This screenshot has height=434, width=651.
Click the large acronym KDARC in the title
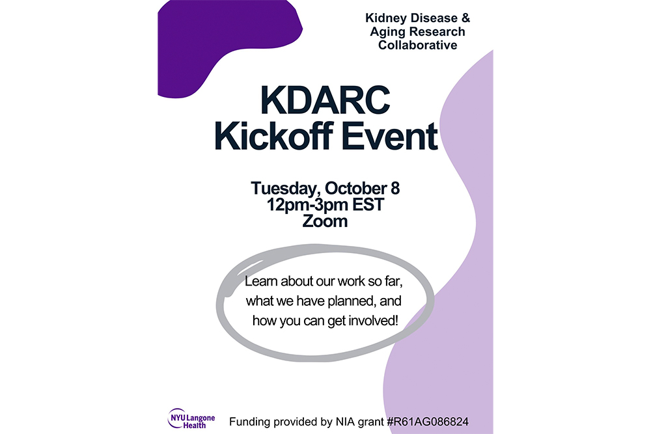click(x=325, y=100)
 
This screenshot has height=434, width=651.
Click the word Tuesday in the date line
click(x=285, y=189)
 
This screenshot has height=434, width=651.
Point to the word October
click(x=356, y=189)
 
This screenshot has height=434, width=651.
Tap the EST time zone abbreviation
click(x=368, y=204)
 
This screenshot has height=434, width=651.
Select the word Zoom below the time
click(x=325, y=221)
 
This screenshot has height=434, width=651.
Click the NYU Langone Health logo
click(x=191, y=418)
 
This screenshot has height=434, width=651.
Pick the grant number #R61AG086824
click(x=428, y=422)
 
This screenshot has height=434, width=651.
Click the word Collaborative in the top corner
click(x=418, y=45)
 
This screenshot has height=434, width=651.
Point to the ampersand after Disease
click(x=465, y=18)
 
